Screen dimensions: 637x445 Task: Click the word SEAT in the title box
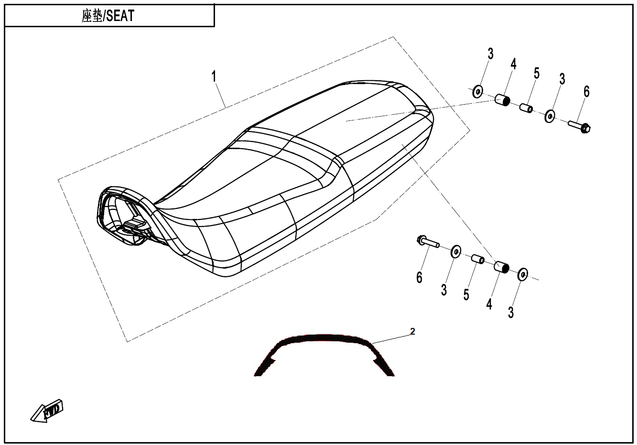[x=120, y=16]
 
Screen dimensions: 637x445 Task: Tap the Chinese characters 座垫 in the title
[x=92, y=16]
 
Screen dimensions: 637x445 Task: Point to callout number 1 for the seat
[x=214, y=76]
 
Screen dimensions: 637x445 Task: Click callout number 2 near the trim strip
[x=412, y=331]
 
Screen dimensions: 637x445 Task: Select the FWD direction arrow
[x=47, y=411]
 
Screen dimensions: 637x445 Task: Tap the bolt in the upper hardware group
[x=579, y=126]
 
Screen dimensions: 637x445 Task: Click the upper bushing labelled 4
[x=503, y=100]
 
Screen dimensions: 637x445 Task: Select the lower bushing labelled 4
[x=501, y=267]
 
